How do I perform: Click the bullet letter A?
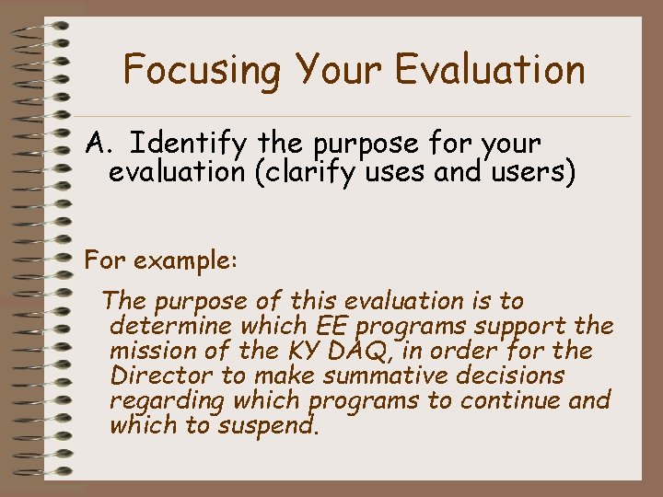99,144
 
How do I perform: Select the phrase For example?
161,260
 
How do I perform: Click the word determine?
171,327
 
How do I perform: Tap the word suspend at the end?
272,425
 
